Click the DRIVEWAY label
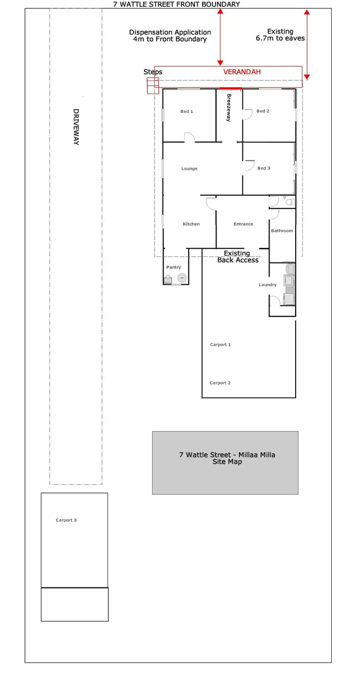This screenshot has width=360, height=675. [76, 127]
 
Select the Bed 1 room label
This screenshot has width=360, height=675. [187, 111]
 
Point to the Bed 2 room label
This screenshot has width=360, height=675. [263, 111]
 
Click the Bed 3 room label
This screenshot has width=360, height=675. [264, 168]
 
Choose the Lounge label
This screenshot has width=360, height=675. [189, 169]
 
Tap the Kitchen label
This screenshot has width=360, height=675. [191, 224]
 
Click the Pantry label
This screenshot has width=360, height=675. [173, 267]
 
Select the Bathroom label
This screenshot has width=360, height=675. [282, 231]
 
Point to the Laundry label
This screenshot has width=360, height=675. [267, 285]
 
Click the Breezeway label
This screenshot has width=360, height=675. [229, 108]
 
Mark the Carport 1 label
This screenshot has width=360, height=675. [220, 345]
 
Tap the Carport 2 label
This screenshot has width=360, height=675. [220, 383]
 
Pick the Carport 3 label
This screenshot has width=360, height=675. [66, 520]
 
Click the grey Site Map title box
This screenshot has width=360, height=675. [225, 463]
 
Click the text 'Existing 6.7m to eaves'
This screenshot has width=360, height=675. [280, 35]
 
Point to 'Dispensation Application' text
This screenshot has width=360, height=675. [170, 32]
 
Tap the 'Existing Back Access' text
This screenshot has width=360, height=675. [238, 256]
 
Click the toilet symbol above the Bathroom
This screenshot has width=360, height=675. [288, 202]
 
